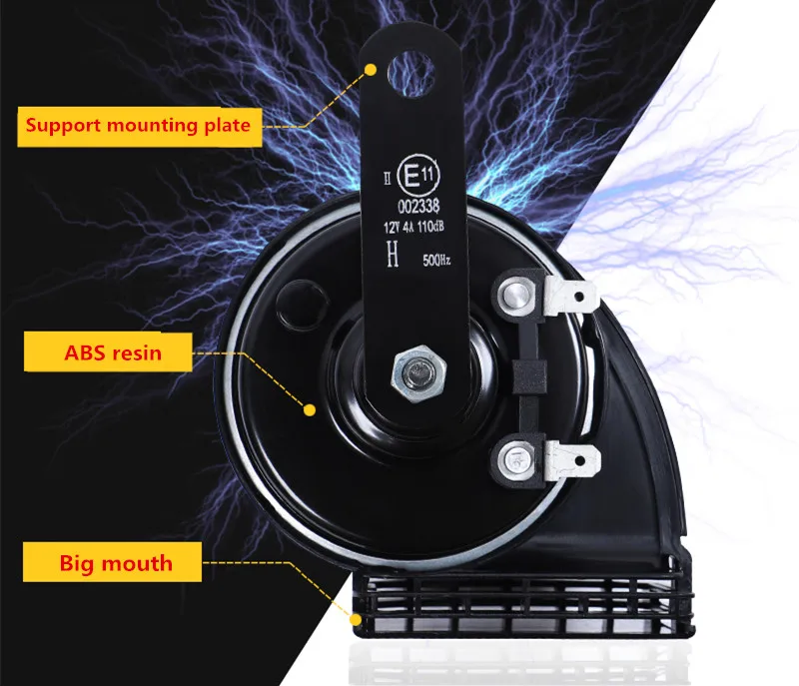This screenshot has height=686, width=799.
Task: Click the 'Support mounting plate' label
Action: (x=138, y=126)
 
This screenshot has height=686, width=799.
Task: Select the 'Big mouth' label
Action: (x=116, y=562)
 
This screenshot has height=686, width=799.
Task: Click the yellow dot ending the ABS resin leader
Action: (x=311, y=409)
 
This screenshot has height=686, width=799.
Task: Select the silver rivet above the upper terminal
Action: (x=515, y=295)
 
